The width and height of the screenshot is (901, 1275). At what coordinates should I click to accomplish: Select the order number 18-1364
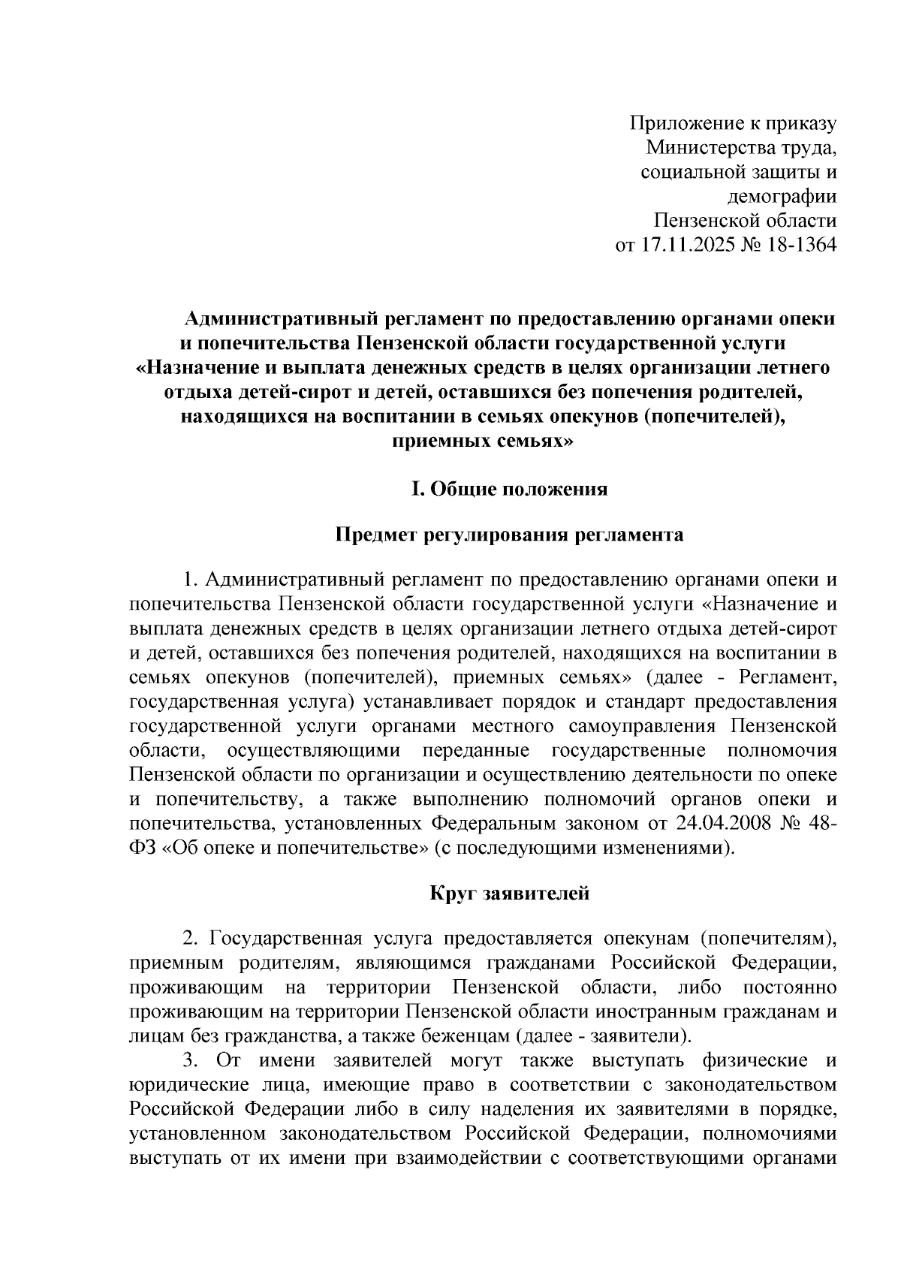coord(799,245)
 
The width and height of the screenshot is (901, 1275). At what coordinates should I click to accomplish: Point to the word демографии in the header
coord(782,196)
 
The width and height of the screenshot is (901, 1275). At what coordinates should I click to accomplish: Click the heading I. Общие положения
coord(508,490)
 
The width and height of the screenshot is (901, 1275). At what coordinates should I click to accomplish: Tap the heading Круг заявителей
coord(509,894)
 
